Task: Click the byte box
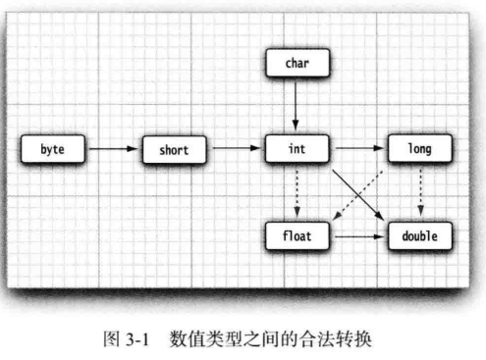[53, 151]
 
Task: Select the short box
[174, 151]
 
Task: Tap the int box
[296, 151]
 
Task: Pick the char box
[296, 66]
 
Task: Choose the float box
[296, 236]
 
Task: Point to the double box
[419, 236]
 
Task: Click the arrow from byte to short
[112, 151]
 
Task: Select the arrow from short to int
[236, 151]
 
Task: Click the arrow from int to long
[356, 151]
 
